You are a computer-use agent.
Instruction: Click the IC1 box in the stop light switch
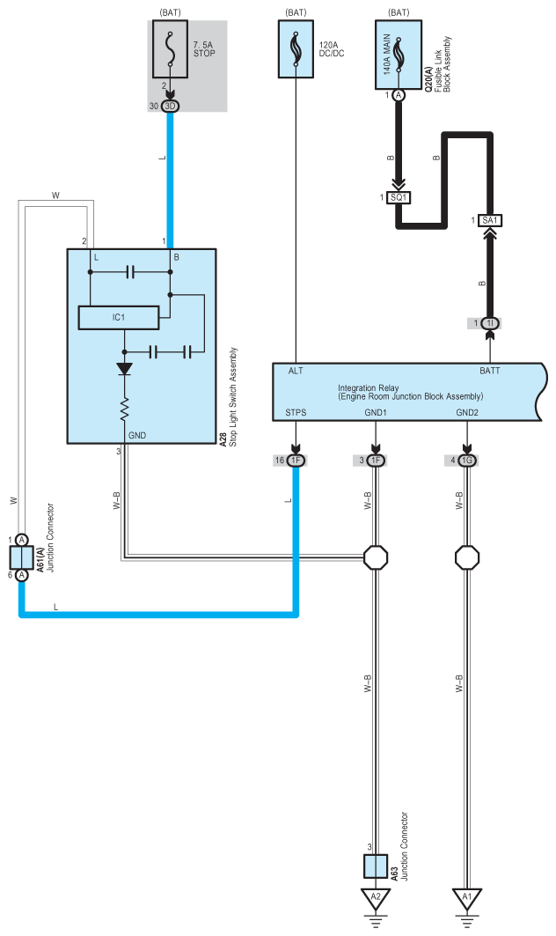pos(119,318)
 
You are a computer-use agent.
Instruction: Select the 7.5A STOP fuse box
pos(171,49)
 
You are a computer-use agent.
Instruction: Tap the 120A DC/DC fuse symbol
pos(296,49)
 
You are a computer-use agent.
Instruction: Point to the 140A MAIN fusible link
pos(399,55)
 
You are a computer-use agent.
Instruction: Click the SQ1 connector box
pos(399,197)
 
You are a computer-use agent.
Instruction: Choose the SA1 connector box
pos(490,221)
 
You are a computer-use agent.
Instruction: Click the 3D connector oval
pos(171,107)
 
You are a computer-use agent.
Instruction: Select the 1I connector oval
pos(490,323)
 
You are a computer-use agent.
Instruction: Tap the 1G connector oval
pos(467,461)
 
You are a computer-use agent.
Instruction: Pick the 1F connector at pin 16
pos(296,461)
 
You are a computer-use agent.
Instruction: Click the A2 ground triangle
pos(376,897)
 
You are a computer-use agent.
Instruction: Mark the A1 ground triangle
pos(466,897)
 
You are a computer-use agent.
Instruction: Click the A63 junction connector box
pos(376,866)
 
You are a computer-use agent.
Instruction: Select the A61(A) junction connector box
pos(21,558)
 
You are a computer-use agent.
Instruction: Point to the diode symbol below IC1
pos(125,368)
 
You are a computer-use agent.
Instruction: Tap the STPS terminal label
pos(296,412)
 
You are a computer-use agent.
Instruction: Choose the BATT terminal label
pos(490,371)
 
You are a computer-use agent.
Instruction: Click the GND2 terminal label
pos(467,412)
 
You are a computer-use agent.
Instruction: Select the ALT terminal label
pos(296,371)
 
